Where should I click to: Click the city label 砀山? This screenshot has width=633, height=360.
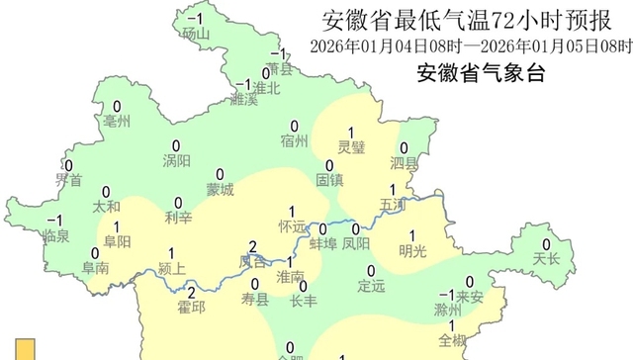[197, 36]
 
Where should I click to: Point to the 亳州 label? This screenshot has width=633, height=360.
[118, 122]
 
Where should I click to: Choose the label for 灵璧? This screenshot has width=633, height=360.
[351, 147]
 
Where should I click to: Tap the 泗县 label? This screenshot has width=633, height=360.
[404, 162]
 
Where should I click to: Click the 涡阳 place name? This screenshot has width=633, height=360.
[177, 161]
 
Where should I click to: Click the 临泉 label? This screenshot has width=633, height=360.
[56, 235]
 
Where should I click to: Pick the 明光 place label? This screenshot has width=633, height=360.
[412, 249]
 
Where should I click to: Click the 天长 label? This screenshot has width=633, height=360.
[546, 259]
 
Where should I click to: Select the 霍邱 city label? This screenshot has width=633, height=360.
[191, 308]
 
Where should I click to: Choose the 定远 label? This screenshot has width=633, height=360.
[371, 287]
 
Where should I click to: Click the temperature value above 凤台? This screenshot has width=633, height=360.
[253, 246]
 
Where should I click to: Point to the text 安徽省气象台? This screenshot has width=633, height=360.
[481, 72]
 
